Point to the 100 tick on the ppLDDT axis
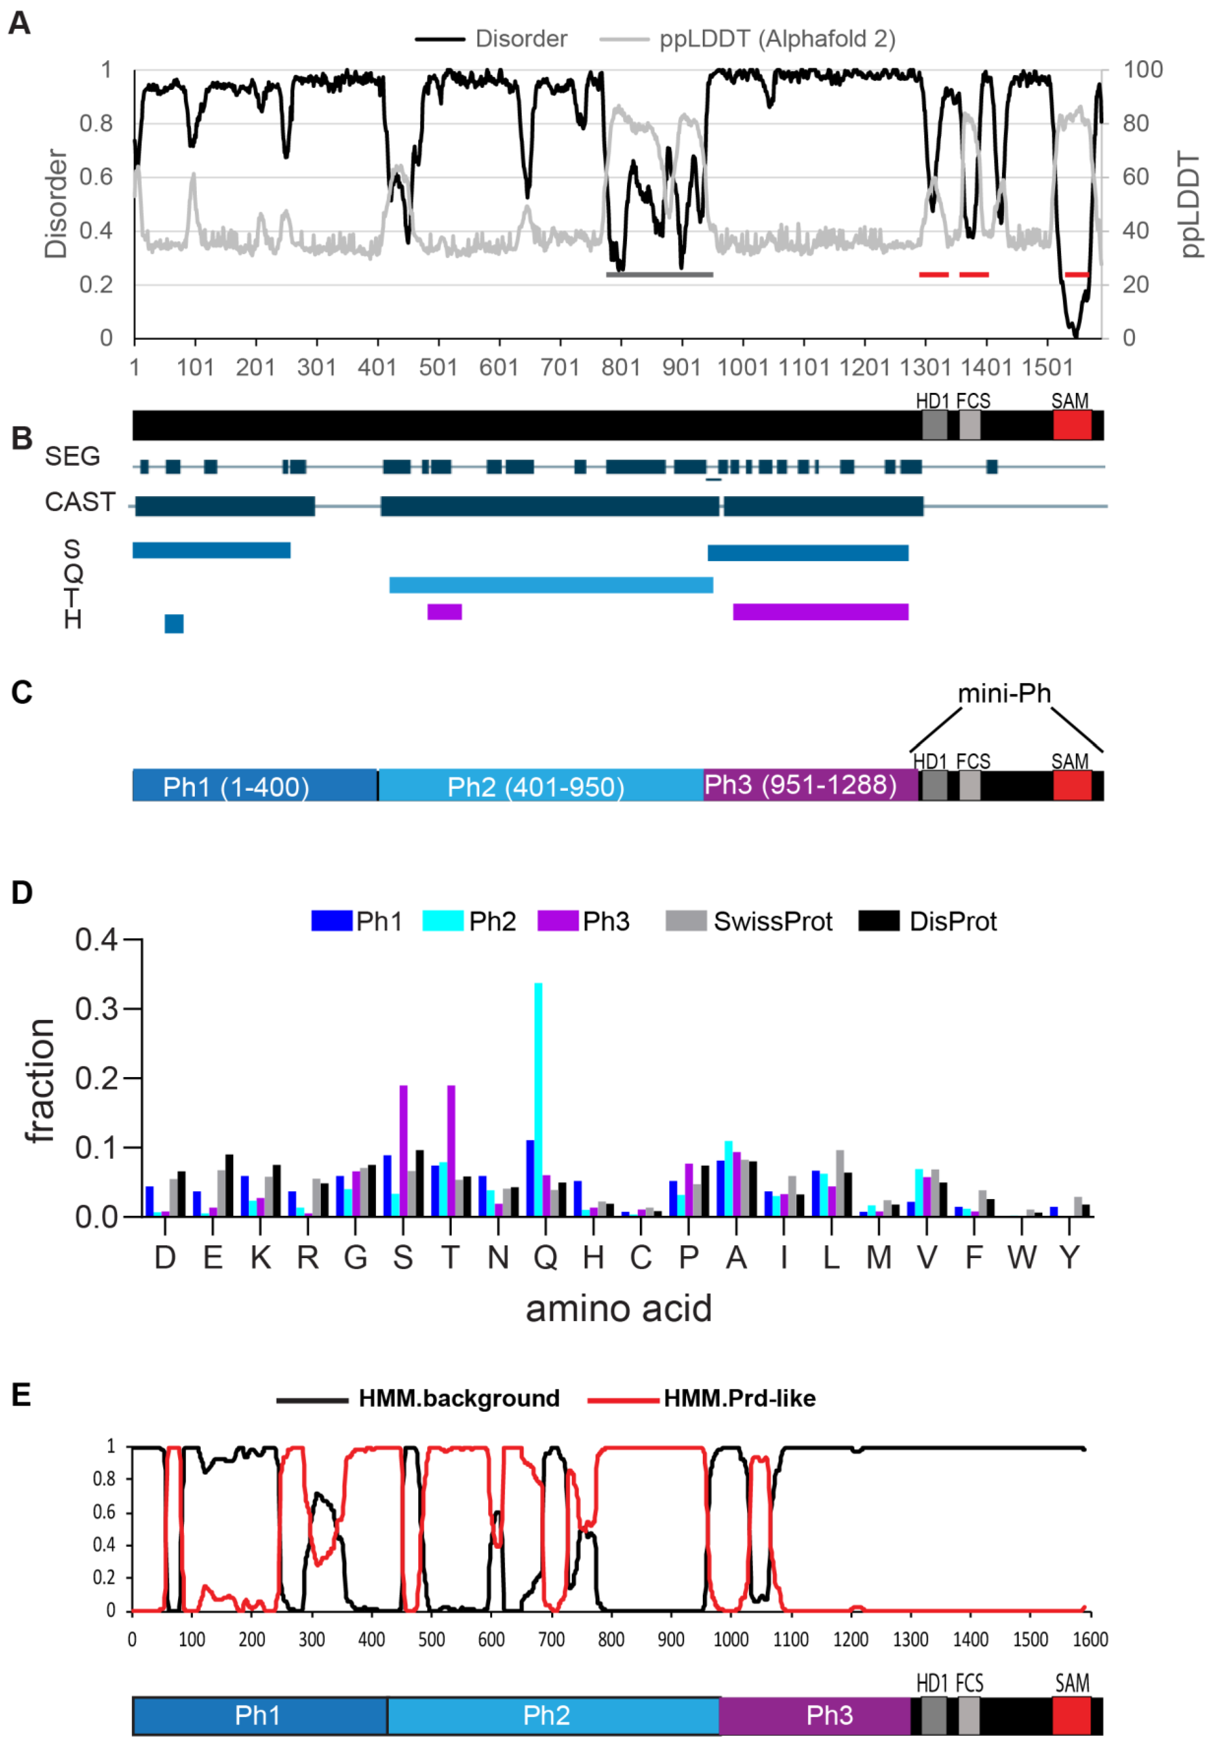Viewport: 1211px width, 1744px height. [x=1143, y=70]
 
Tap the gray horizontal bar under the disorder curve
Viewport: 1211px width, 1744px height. [x=659, y=274]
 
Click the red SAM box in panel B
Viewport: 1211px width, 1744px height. [x=1072, y=425]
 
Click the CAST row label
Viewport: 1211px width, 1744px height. [x=80, y=502]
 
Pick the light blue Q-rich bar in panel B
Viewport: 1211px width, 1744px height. [x=551, y=585]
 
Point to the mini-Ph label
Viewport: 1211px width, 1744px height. [x=1004, y=693]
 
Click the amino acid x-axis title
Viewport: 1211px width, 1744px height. [x=618, y=1309]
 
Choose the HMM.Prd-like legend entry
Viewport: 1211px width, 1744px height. [x=739, y=1398]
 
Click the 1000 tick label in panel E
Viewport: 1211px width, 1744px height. [x=731, y=1640]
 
